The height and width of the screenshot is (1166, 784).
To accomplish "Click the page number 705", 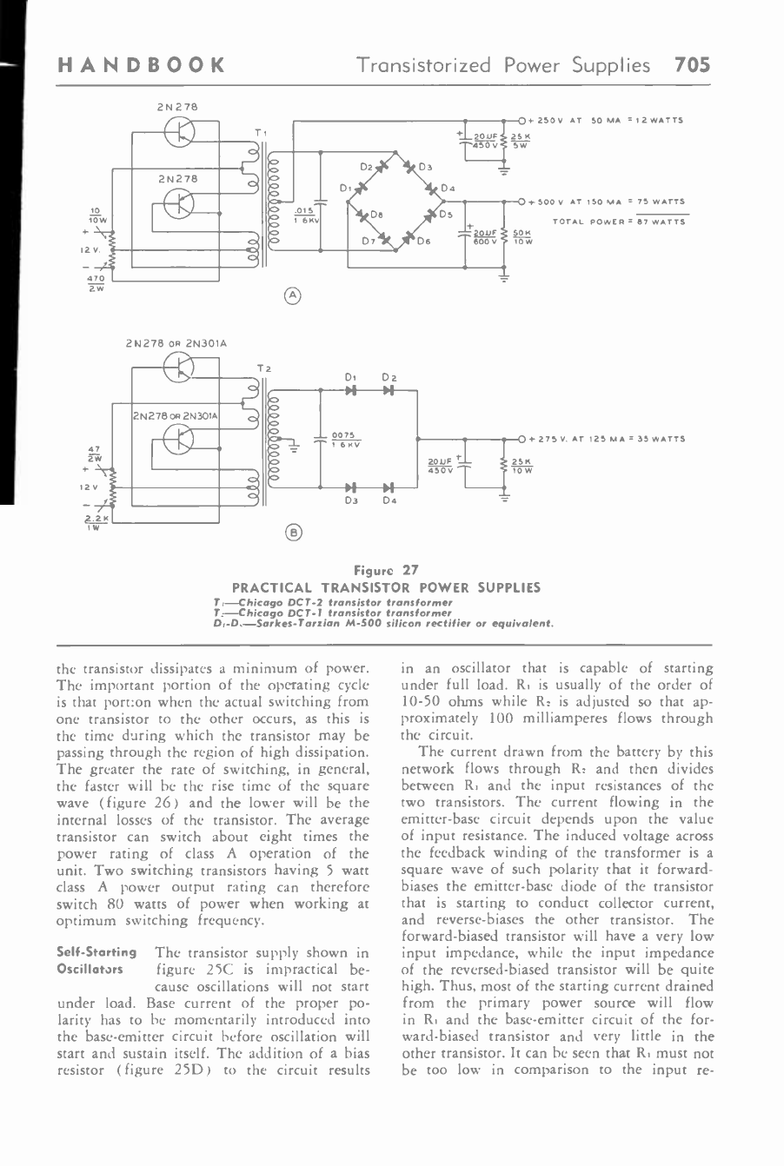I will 691,65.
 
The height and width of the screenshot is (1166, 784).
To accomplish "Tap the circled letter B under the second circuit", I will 294,533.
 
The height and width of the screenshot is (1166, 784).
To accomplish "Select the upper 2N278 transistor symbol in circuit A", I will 180,131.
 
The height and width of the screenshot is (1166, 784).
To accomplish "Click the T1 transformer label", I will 260,132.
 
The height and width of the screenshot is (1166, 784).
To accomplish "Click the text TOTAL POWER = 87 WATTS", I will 618,222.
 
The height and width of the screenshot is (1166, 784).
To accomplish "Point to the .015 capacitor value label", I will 303,213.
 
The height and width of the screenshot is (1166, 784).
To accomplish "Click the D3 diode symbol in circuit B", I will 352,487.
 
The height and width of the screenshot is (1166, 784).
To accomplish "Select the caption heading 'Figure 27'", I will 386,571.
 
